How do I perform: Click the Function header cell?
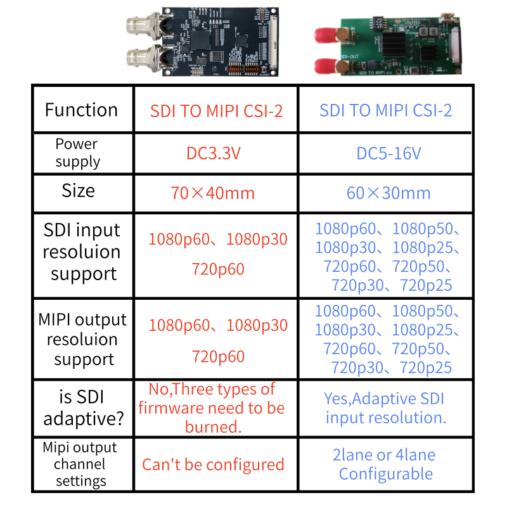point(81,110)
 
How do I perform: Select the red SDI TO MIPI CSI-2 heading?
point(216,111)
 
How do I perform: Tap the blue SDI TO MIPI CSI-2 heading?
point(385,110)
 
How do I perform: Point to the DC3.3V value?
point(214,153)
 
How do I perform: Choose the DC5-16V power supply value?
point(388,153)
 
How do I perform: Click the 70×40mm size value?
point(213,193)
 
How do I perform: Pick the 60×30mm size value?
point(388,193)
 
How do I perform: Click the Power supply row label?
point(77,153)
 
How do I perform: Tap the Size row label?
point(78,191)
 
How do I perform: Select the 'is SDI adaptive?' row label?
point(83,408)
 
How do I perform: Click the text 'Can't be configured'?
point(213,465)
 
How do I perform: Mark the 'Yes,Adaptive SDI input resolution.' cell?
point(385,408)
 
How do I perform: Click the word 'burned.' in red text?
point(213,427)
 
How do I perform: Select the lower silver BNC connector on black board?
point(146,57)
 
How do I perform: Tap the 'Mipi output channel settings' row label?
point(80,464)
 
